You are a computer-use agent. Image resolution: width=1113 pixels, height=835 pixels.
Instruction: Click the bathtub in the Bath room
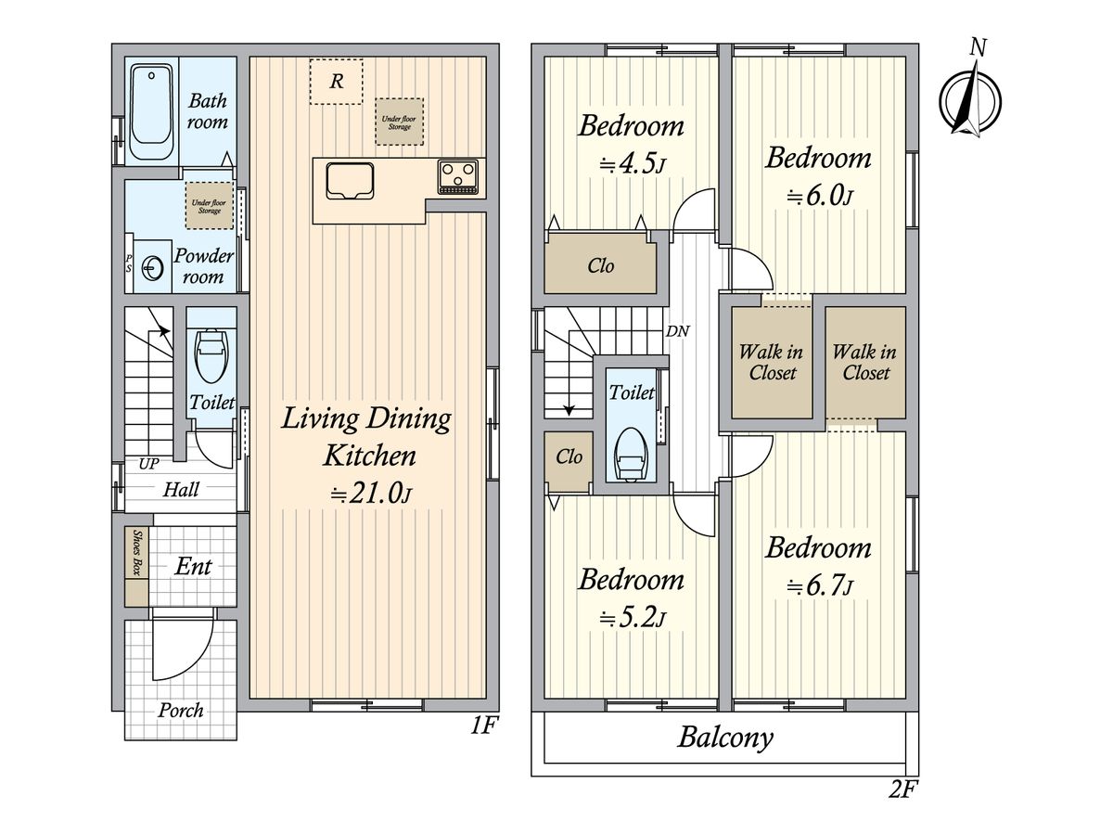(151, 111)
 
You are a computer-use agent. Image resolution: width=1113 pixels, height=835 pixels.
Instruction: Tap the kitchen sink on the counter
(351, 181)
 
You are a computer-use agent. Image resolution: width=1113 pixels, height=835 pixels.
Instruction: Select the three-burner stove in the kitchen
(458, 176)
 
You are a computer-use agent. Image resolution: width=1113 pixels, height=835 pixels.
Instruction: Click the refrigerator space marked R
(336, 82)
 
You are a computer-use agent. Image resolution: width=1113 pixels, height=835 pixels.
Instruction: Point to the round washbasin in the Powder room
(151, 267)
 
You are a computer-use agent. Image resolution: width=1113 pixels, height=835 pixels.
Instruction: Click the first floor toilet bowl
(211, 355)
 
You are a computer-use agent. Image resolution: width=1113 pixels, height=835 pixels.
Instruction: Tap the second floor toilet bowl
(631, 455)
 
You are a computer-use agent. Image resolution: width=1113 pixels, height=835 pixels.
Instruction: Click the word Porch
(181, 711)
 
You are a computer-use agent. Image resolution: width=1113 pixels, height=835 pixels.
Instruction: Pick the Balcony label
(725, 739)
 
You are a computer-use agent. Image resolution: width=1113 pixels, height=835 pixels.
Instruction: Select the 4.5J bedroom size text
(633, 164)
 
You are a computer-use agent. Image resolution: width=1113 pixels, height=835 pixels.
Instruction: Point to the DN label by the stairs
(677, 331)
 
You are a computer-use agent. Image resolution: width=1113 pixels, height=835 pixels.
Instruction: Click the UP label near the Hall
(148, 463)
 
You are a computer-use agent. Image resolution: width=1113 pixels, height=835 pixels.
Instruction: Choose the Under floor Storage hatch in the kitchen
(399, 122)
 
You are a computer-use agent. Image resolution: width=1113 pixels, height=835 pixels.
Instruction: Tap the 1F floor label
(483, 726)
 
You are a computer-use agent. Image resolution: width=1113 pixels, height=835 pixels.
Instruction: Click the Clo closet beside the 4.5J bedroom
(601, 263)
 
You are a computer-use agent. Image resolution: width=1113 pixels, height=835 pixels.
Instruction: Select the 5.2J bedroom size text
(633, 618)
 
